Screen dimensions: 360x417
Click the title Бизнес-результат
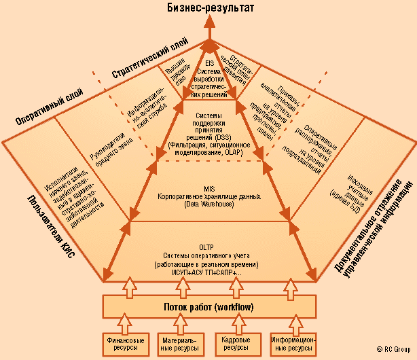207,9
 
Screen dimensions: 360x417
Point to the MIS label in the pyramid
208,187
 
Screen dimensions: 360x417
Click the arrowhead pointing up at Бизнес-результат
209,28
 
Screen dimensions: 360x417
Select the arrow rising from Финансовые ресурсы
126,322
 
